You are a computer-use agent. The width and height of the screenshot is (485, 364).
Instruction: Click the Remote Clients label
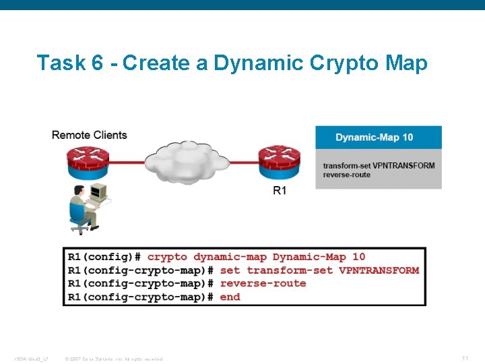90,135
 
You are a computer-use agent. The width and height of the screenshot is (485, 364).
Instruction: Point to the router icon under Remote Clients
88,162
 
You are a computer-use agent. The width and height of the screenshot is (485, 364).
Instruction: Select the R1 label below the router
280,191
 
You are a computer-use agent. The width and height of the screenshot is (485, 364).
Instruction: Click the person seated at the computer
82,210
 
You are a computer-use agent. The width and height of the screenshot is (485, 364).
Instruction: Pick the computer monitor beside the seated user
100,193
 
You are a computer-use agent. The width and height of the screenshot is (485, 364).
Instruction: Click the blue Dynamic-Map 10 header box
379,138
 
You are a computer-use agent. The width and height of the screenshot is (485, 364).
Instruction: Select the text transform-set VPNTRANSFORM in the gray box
379,166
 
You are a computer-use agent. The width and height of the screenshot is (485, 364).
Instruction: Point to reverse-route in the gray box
346,175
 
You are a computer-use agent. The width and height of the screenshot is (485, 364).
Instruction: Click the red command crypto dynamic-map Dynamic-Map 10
256,257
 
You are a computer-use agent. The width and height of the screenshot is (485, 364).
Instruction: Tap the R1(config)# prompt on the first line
104,257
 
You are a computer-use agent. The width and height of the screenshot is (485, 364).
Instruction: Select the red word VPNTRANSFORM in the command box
379,270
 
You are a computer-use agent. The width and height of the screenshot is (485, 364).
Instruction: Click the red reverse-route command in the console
263,284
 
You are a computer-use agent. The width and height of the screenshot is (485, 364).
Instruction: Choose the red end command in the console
230,297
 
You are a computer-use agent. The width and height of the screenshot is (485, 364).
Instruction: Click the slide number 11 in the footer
465,358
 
